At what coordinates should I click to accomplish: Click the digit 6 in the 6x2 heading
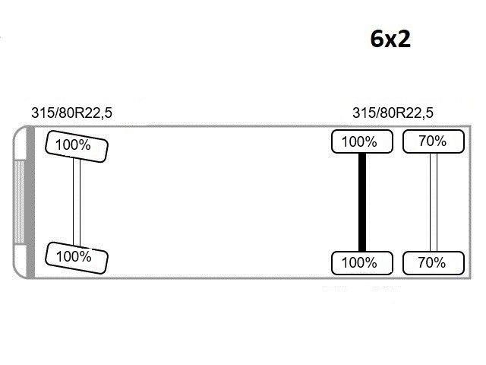(x=377, y=39)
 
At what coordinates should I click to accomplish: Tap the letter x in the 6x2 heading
(x=390, y=41)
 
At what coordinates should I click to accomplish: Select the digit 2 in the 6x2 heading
(x=403, y=39)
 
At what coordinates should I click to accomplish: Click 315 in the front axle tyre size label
(x=43, y=113)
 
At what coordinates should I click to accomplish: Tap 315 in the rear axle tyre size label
(x=364, y=113)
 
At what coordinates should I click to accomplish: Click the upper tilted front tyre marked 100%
(x=77, y=146)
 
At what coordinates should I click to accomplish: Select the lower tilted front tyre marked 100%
(x=77, y=258)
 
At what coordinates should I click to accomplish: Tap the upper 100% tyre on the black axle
(x=362, y=142)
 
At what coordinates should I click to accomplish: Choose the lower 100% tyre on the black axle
(x=362, y=263)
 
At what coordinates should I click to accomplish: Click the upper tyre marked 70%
(x=434, y=141)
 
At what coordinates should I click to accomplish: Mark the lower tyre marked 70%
(x=434, y=263)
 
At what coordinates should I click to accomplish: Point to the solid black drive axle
(x=362, y=202)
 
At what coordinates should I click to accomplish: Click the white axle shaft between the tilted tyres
(x=77, y=202)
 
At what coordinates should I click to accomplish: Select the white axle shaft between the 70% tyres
(x=434, y=202)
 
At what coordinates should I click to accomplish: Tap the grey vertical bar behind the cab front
(x=30, y=202)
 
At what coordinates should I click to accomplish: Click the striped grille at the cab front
(x=19, y=202)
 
